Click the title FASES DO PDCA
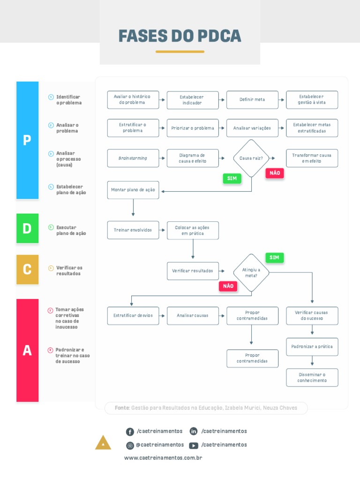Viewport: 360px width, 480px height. tap(180, 36)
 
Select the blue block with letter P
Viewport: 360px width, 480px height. tap(27, 140)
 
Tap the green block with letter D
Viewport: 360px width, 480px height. tap(27, 228)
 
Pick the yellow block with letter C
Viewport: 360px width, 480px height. tap(27, 270)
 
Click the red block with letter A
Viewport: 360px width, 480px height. tap(27, 350)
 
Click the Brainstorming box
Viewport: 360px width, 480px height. tap(133, 158)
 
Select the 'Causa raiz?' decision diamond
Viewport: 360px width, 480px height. tap(251, 158)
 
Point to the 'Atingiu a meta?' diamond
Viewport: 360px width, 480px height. tap(251, 273)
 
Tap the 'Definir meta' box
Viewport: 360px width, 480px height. tap(252, 100)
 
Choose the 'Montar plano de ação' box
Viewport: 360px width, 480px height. tap(133, 190)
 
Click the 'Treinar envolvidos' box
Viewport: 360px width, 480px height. tap(133, 230)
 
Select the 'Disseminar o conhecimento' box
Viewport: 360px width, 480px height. tap(312, 378)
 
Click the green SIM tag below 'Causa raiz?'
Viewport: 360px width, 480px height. tap(232, 179)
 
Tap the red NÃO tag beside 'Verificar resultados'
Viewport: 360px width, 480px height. tap(228, 286)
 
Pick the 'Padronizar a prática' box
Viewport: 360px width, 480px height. tap(312, 347)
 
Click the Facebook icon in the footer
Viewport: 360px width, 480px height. tap(130, 432)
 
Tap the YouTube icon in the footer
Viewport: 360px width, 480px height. tap(193, 445)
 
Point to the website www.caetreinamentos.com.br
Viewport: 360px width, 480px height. tap(163, 458)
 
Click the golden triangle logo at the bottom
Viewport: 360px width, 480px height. tap(103, 443)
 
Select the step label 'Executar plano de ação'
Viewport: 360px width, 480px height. tap(71, 231)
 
